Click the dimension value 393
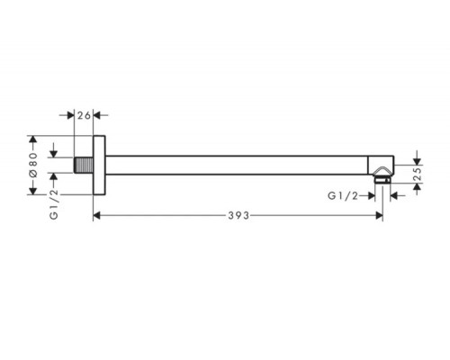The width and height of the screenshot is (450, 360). pyautogui.click(x=238, y=215)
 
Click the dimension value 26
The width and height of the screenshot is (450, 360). pyautogui.click(x=84, y=115)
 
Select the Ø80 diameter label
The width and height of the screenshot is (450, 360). pyautogui.click(x=33, y=165)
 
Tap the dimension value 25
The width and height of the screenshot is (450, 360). pyautogui.click(x=418, y=174)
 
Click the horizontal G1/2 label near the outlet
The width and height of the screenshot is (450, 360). pyautogui.click(x=343, y=196)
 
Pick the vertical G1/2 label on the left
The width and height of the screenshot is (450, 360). pyautogui.click(x=54, y=204)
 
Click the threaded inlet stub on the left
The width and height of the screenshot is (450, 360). pyautogui.click(x=84, y=165)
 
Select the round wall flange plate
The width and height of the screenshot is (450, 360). pyautogui.click(x=99, y=165)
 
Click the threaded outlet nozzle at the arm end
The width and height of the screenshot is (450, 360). pyautogui.click(x=382, y=180)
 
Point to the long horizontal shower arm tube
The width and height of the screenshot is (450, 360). pyautogui.click(x=237, y=165)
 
